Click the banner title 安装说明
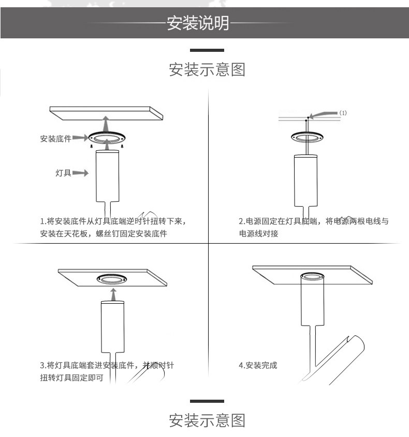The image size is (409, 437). click(197, 23)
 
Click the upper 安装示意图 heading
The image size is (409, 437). click(207, 69)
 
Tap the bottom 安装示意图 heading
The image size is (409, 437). click(207, 420)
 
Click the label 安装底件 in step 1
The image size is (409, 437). click(55, 138)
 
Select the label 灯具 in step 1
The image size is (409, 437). click(63, 173)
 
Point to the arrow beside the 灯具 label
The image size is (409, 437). click(80, 173)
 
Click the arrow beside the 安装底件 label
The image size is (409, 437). click(79, 138)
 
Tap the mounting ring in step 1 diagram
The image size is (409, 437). click(107, 138)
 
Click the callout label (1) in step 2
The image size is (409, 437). click(343, 112)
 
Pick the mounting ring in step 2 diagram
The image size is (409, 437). click(307, 137)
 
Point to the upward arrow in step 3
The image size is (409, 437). click(112, 296)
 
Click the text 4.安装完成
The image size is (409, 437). click(258, 365)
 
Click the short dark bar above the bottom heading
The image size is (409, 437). click(207, 401)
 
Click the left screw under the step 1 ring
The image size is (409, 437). click(92, 146)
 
